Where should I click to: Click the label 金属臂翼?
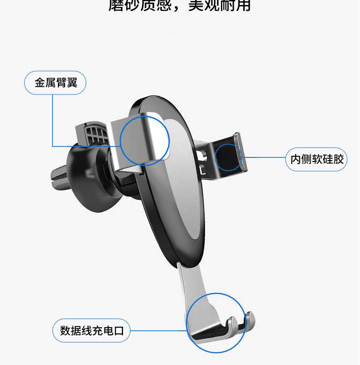(56, 83)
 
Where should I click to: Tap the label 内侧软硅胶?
(317, 159)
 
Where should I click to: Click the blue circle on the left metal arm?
(145, 140)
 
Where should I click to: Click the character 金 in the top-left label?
(40, 83)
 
